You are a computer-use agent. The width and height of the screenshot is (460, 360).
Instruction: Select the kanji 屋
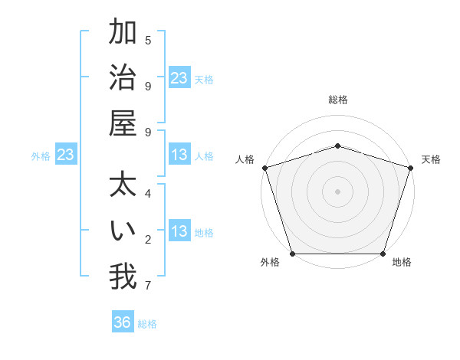coord(123,123)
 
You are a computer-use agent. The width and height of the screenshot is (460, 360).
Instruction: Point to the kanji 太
coord(123,185)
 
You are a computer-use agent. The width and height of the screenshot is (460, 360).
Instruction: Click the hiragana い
coord(123,231)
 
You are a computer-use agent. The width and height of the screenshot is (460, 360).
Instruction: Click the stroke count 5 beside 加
coord(148,40)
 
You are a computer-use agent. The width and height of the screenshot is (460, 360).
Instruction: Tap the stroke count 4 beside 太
coord(148,193)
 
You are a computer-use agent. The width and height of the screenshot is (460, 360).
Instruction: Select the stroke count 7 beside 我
coord(148,286)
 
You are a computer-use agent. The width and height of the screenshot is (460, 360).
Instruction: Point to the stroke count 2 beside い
coord(148,240)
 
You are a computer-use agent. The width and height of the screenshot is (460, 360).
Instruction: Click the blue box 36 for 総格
coord(123,322)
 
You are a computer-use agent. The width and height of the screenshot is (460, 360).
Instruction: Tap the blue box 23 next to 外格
coord(65,155)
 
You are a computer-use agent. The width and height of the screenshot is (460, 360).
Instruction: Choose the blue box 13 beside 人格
coord(179,155)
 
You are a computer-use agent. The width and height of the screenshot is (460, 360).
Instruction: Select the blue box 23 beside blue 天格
coord(179,78)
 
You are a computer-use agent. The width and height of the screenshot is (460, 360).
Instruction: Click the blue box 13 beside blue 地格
coord(179,232)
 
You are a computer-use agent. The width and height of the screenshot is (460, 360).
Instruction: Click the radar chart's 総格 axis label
coord(338,100)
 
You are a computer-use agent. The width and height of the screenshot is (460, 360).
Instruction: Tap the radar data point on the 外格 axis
coord(293,254)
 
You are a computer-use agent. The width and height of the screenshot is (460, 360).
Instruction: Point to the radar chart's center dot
coord(338,191)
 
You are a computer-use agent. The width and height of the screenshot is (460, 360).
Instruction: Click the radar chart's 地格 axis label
coord(402,263)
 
